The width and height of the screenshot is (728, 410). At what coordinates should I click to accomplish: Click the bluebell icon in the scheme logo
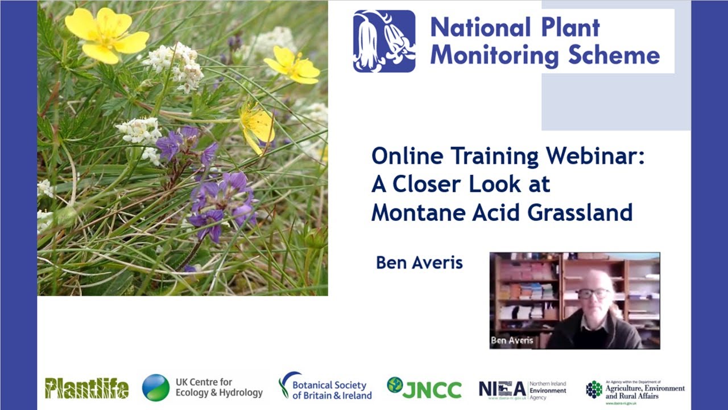tap(384, 41)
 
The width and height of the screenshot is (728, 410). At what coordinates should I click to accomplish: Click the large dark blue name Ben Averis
tap(419, 263)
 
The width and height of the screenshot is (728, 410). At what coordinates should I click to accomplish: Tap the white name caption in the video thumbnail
tap(512, 341)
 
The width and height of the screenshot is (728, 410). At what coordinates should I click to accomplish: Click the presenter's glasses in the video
tap(593, 294)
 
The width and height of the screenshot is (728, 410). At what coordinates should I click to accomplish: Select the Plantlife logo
tap(86, 388)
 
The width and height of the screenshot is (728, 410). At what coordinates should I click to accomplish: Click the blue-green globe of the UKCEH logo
tap(156, 388)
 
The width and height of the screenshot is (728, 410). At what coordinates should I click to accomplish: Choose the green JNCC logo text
tap(432, 389)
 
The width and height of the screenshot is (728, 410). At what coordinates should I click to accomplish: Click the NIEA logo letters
tap(502, 389)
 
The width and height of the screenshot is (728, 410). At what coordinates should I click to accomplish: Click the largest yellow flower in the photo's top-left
tap(106, 34)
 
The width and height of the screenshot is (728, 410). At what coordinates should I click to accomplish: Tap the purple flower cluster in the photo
tap(222, 199)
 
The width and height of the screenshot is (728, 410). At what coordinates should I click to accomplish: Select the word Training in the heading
tap(492, 156)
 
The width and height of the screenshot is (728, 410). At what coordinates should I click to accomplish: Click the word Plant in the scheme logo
tap(571, 27)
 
